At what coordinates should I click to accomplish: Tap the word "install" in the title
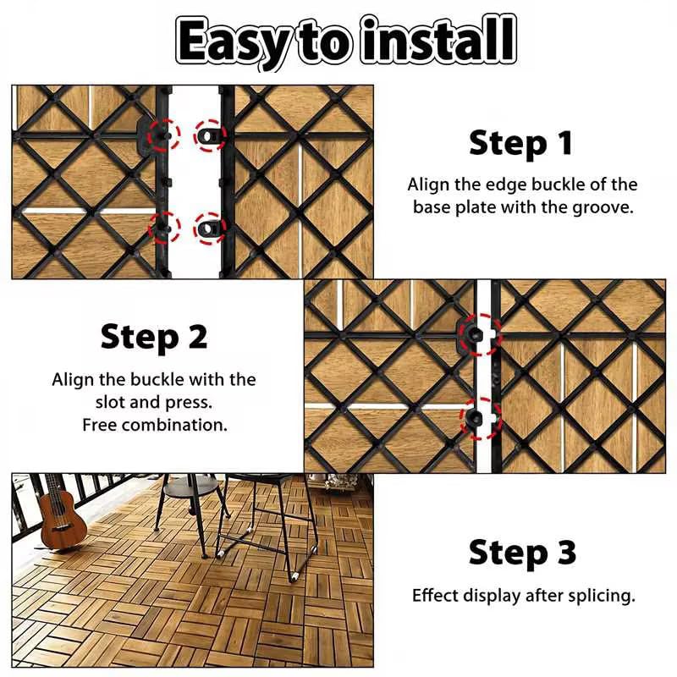438,39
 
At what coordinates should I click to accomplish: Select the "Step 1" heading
521,143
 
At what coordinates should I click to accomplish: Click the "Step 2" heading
154,337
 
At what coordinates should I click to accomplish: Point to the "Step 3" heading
522,553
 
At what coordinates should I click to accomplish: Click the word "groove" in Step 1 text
601,207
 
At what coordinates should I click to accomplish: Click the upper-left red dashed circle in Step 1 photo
164,135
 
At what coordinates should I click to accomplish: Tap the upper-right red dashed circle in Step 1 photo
210,135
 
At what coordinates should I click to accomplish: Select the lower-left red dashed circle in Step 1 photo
164,228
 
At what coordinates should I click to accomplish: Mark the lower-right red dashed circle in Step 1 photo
210,228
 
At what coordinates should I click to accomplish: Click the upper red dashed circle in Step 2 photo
481,334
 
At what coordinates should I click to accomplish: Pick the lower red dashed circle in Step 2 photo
481,418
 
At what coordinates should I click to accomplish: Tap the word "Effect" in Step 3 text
432,596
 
